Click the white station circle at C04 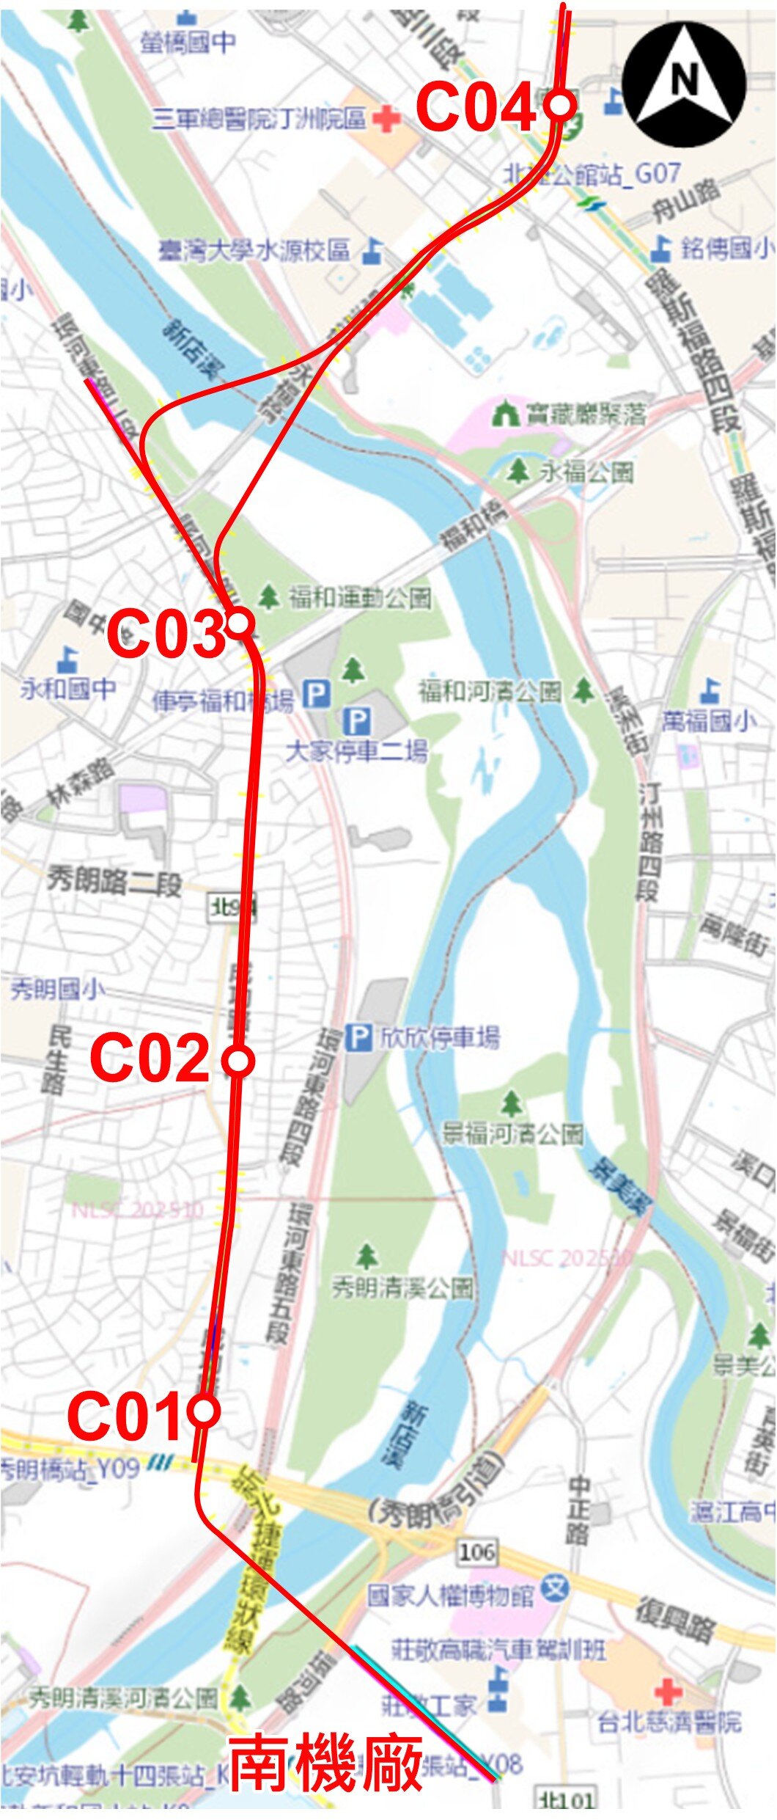click(x=561, y=104)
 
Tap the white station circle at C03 click(x=240, y=624)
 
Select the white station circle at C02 click(x=238, y=1061)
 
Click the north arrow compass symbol click(x=684, y=84)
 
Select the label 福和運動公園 click(x=359, y=598)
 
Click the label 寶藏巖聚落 click(x=585, y=414)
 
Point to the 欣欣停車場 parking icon click(x=358, y=1037)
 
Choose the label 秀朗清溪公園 click(x=402, y=1287)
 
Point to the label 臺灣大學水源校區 click(x=254, y=251)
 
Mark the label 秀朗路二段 click(x=114, y=880)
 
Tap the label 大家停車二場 click(x=356, y=750)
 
